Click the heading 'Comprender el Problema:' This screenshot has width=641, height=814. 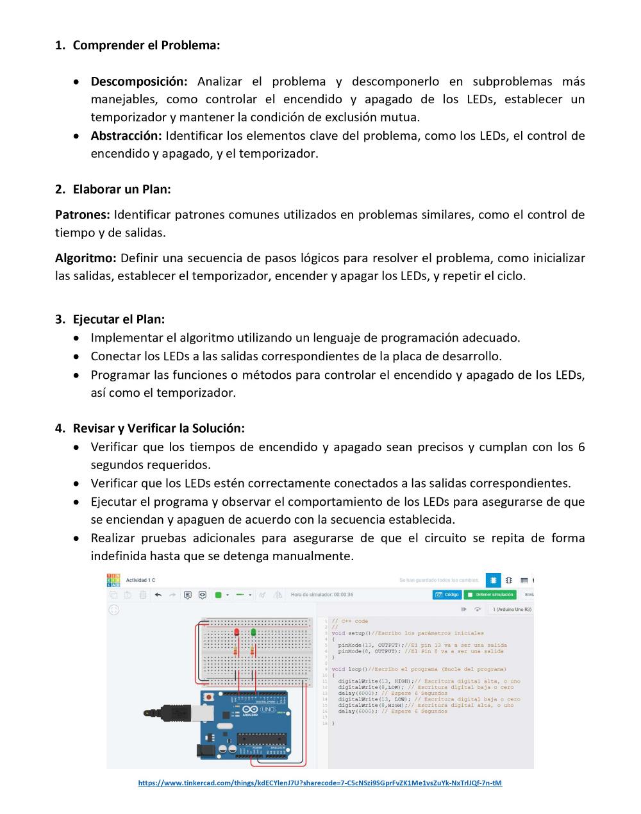click(146, 46)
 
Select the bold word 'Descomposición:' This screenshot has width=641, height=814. click(139, 81)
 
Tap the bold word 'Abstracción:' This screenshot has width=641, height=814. click(126, 136)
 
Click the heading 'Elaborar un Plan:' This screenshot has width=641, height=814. click(122, 189)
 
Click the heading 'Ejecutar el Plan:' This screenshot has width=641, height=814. click(119, 319)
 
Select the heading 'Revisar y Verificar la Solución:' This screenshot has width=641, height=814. click(158, 428)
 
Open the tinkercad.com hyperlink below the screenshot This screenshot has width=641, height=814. click(320, 783)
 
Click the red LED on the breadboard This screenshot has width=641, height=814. click(237, 633)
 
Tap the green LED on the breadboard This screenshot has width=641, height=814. click(254, 633)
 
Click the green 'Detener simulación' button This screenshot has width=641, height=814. click(490, 595)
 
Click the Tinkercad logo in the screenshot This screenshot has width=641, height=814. click(113, 580)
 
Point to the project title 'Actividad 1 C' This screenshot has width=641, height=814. click(140, 581)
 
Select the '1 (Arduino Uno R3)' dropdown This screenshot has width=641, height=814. click(512, 610)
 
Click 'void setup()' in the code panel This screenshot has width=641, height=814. click(347, 633)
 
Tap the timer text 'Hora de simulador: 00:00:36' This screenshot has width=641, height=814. click(322, 595)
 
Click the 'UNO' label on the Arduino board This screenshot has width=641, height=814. click(268, 710)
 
